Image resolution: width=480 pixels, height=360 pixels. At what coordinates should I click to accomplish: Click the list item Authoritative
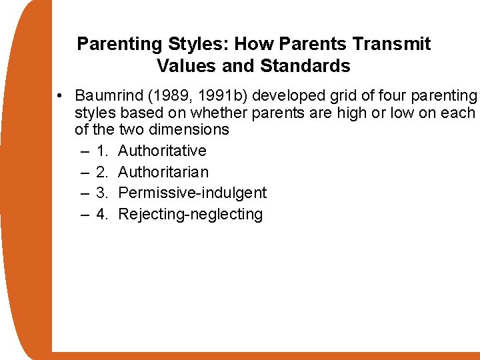pyautogui.click(x=162, y=151)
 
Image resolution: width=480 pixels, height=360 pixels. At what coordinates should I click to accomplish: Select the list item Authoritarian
pyautogui.click(x=163, y=172)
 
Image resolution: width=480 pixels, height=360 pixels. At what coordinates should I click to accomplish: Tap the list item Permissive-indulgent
pyautogui.click(x=192, y=193)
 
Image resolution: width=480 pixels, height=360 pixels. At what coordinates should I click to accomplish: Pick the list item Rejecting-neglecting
pyautogui.click(x=190, y=215)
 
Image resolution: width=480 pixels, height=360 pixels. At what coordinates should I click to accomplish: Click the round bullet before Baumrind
pyautogui.click(x=60, y=95)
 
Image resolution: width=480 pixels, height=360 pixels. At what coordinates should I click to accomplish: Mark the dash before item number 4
pyautogui.click(x=85, y=215)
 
